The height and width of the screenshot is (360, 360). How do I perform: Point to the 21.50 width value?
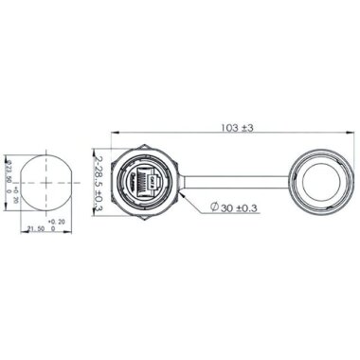coord(38,228)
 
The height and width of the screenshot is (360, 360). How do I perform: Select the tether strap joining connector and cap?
coord(223,179)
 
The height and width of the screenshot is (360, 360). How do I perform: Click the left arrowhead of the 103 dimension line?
coord(116,134)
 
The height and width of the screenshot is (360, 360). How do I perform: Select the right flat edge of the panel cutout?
coord(65,180)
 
